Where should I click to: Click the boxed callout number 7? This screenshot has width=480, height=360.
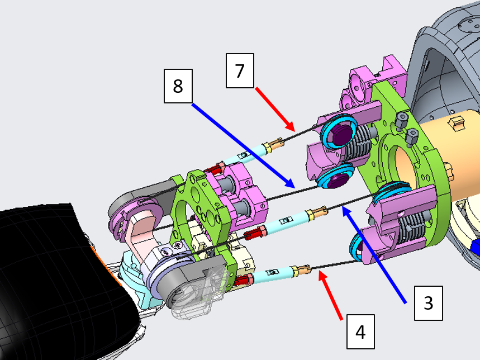tap(240, 70)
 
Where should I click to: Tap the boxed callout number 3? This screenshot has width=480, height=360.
tap(428, 303)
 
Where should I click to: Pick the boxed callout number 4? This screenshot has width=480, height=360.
tap(360, 332)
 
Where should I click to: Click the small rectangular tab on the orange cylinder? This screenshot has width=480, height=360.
tap(457, 122)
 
